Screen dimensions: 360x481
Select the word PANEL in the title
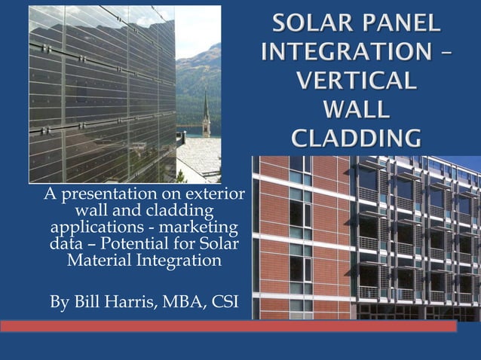pyautogui.click(x=400, y=24)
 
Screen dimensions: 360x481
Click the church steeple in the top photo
pyautogui.click(x=206, y=117)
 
